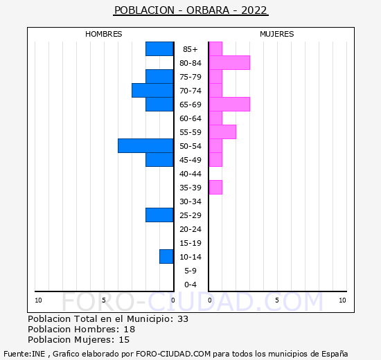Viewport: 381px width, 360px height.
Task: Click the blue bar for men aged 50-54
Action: [145, 146]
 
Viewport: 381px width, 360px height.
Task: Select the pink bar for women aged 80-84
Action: [229, 63]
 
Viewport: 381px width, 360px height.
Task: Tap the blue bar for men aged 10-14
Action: [166, 257]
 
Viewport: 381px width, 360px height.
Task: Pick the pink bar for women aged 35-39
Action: [215, 188]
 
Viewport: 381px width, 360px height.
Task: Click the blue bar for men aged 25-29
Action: [159, 215]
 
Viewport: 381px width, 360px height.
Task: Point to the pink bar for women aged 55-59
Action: [222, 132]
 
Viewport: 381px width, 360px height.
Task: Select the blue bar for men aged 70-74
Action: [152, 91]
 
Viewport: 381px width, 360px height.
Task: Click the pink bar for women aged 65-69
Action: [229, 105]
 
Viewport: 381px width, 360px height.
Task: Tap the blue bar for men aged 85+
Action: [159, 49]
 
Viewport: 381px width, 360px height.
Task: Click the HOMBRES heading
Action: [104, 34]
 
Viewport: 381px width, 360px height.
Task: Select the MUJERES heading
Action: [277, 34]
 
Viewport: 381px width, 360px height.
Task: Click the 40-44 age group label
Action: [190, 174]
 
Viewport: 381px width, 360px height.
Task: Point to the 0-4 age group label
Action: [190, 285]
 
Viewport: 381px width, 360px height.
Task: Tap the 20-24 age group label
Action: [190, 229]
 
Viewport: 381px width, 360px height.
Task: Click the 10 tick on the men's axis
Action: [38, 300]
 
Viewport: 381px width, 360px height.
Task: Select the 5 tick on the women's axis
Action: [277, 300]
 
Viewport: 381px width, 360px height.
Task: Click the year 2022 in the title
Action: [254, 10]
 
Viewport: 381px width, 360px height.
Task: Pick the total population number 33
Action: [183, 319]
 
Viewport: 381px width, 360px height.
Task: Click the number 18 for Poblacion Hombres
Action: [130, 330]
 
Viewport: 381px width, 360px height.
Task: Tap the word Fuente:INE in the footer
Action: [24, 354]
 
